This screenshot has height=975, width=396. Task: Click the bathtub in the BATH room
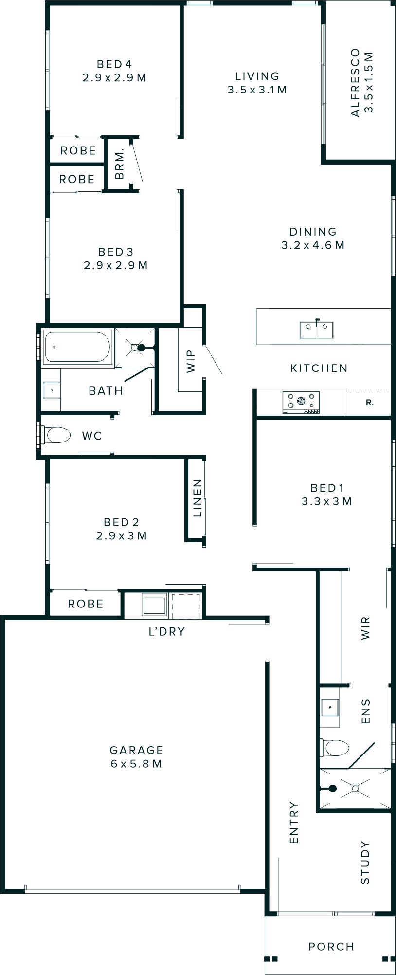(x=77, y=347)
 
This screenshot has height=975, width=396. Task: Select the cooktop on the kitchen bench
(x=301, y=402)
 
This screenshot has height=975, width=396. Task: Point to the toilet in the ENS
(x=336, y=748)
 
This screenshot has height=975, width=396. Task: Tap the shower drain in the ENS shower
(x=355, y=788)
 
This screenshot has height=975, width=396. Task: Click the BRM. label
(x=120, y=164)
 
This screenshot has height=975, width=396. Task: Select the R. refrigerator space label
(x=370, y=403)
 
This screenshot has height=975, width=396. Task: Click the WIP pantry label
(x=190, y=361)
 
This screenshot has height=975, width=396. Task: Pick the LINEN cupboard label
(x=197, y=498)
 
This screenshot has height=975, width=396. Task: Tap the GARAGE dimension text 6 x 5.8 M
(x=136, y=764)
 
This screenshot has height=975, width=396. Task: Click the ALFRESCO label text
(x=355, y=82)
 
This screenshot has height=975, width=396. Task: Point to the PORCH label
(x=331, y=947)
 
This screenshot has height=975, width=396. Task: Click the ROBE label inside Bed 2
(x=86, y=604)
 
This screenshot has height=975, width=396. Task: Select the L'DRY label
(x=167, y=632)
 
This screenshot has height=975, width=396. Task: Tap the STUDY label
(x=365, y=863)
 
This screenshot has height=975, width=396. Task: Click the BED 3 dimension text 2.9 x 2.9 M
(x=116, y=265)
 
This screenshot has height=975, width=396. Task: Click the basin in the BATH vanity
(x=51, y=390)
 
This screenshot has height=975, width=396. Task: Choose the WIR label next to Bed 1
(x=366, y=628)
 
